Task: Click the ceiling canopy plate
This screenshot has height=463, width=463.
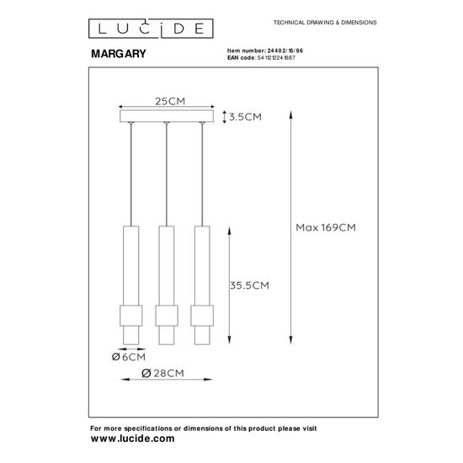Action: [168, 117]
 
